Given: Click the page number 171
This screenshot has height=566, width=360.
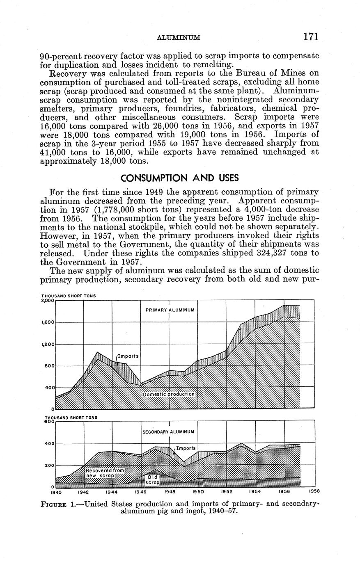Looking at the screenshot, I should point(311,37).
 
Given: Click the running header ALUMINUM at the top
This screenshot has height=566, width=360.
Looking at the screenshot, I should point(179,38).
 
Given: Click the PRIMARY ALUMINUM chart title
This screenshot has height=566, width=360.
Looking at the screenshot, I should point(170,310).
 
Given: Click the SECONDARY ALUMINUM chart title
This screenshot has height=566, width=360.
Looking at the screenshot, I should point(168,432).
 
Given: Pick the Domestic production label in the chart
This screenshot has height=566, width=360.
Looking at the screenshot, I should point(168,394).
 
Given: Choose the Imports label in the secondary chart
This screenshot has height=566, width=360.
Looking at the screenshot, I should point(186,448).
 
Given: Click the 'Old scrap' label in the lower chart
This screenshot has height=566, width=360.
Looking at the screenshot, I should point(152,480).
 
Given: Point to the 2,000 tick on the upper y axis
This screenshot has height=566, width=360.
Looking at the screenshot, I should point(48,301).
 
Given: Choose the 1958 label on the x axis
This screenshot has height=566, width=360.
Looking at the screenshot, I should point(314,491).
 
